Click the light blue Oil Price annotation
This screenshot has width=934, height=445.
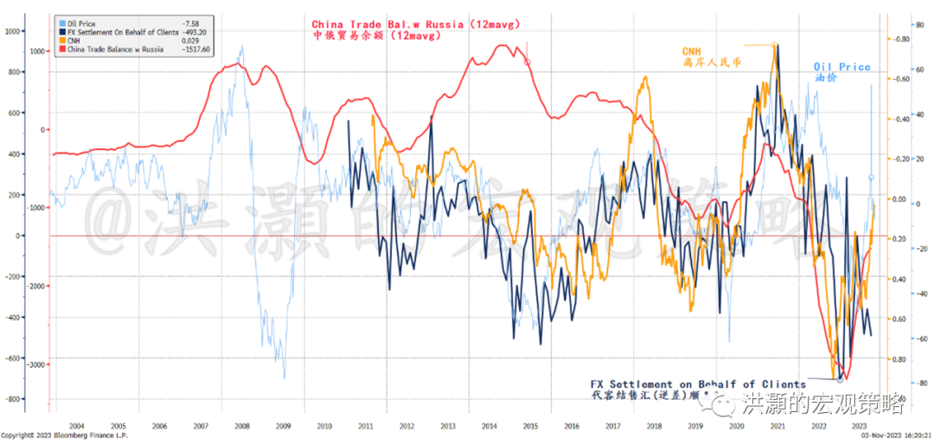point(841,68)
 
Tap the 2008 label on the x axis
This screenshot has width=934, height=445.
point(241,426)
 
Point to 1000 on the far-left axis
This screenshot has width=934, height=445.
point(12,31)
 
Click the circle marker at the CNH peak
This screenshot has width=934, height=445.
point(774,45)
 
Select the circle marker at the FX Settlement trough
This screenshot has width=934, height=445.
point(839,379)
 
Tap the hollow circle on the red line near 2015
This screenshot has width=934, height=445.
point(528,61)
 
